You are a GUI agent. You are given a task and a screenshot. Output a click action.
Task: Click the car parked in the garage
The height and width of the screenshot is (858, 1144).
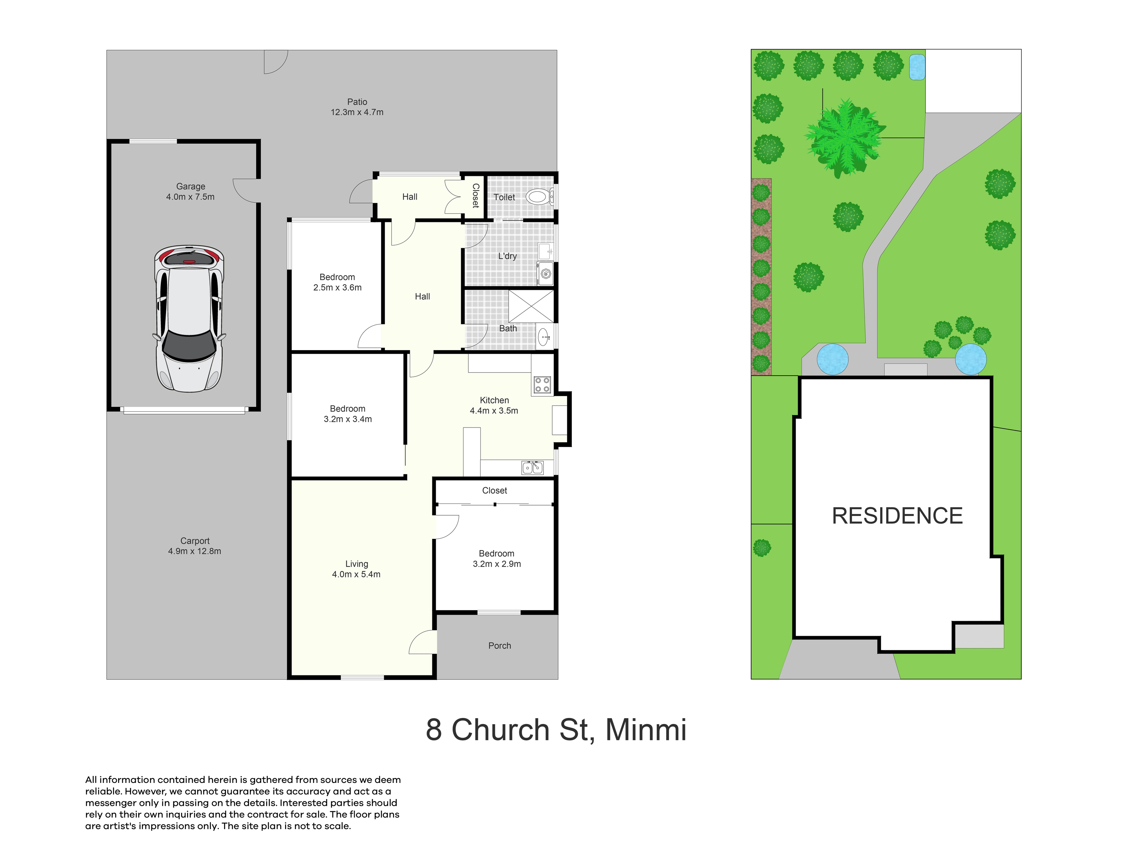click(189, 318)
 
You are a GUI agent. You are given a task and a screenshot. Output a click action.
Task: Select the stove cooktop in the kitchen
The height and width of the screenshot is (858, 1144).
click(542, 384)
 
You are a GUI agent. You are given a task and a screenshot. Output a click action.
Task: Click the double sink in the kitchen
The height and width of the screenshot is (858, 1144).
click(532, 467)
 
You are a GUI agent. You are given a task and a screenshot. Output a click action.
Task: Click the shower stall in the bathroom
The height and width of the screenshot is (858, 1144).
click(531, 306)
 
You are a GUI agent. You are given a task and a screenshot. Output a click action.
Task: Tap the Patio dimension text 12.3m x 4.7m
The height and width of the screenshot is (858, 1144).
click(357, 112)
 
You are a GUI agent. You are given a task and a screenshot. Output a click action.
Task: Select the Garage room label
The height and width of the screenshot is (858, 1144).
click(190, 186)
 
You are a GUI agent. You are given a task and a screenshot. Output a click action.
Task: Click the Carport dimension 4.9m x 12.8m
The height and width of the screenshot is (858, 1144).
click(195, 551)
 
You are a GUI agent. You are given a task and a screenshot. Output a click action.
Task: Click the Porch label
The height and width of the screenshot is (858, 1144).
click(500, 646)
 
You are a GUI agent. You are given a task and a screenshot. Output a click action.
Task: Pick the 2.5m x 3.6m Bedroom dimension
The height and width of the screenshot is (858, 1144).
click(337, 287)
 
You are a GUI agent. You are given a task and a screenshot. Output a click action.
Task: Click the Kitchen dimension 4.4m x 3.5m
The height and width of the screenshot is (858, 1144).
click(494, 411)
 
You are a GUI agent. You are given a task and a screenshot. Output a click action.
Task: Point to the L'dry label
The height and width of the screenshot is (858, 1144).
click(507, 256)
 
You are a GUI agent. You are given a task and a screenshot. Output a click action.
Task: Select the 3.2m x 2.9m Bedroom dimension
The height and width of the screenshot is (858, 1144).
click(496, 564)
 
